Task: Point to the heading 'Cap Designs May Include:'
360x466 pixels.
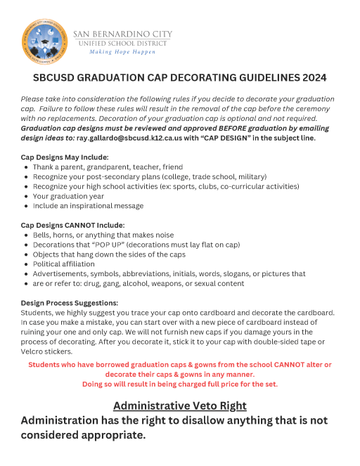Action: [65, 157]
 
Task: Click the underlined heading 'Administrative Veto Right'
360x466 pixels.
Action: [180, 406]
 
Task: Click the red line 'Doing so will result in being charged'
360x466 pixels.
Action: [180, 384]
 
